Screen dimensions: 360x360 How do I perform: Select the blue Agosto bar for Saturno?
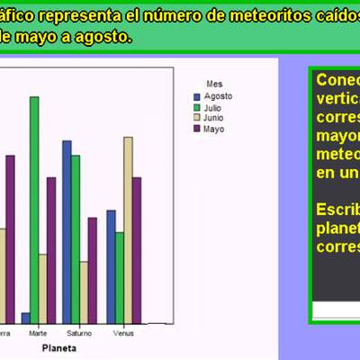click(x=67, y=231)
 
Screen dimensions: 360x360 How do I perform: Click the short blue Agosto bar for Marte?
click(x=25, y=318)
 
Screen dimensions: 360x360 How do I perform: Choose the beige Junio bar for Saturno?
click(x=85, y=292)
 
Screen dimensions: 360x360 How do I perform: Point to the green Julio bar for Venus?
click(x=119, y=277)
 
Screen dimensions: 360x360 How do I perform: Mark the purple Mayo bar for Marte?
click(x=51, y=249)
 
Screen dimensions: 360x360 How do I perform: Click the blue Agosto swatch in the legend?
click(x=198, y=96)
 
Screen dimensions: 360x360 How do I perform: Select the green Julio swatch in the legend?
click(x=198, y=107)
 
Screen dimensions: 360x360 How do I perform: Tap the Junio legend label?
click(x=214, y=118)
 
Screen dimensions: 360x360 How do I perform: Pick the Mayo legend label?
click(x=213, y=129)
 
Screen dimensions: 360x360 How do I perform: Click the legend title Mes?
click(x=213, y=84)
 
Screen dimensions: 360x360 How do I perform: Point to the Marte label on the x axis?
click(x=38, y=334)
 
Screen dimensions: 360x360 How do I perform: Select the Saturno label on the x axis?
click(x=79, y=334)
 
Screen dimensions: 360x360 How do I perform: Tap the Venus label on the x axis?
click(x=124, y=334)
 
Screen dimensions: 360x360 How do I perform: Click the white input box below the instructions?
click(x=335, y=310)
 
